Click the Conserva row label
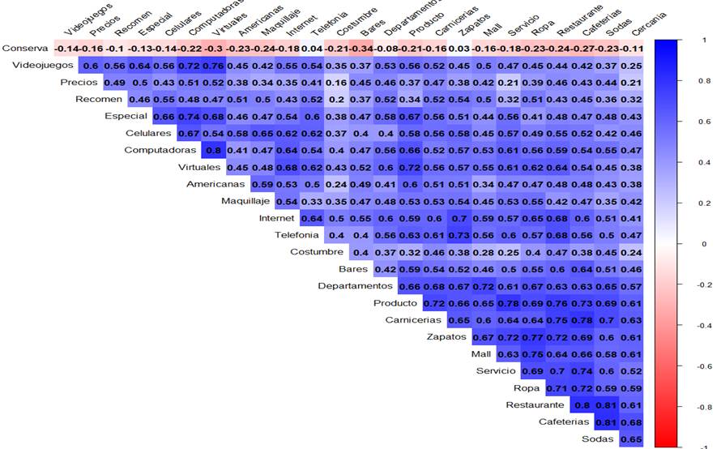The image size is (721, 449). pyautogui.click(x=25, y=48)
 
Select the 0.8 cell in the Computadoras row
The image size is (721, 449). pyautogui.click(x=214, y=150)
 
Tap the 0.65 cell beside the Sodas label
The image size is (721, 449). pyautogui.click(x=631, y=438)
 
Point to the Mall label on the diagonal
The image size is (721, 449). pyautogui.click(x=480, y=354)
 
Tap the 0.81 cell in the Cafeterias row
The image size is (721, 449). pyautogui.click(x=606, y=421)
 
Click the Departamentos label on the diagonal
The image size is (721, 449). pyautogui.click(x=356, y=286)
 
